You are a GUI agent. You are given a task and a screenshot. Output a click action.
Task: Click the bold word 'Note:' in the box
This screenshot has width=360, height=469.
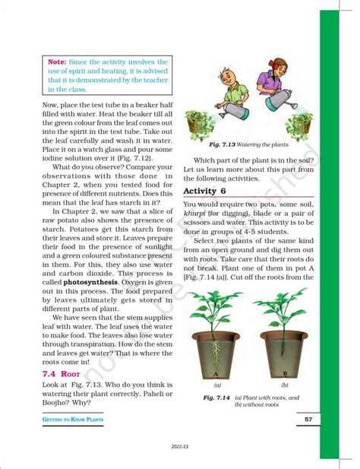point(58,61)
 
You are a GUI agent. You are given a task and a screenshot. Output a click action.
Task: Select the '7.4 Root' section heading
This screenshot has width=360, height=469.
point(60,376)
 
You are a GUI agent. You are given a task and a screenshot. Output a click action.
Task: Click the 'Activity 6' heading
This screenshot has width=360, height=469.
point(205,190)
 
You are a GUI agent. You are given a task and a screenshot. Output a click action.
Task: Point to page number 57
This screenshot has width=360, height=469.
point(308,420)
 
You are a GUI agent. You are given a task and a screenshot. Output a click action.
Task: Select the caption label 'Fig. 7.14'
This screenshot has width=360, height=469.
point(217,397)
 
